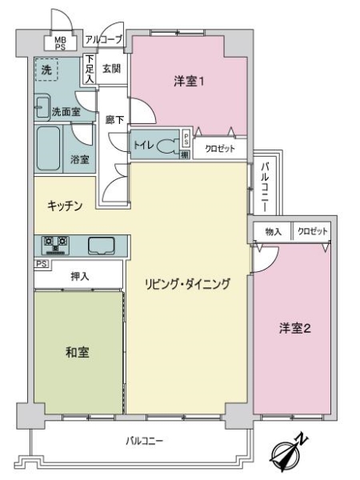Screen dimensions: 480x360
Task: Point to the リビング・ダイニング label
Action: point(188,283)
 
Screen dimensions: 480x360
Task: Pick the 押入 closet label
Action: point(79,276)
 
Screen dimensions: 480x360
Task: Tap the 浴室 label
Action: point(79,159)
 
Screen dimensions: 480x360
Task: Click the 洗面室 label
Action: point(66,112)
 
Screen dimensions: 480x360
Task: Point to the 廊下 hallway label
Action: point(114,120)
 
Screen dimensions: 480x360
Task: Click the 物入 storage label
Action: point(273,231)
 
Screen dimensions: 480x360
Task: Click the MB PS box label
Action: point(60,42)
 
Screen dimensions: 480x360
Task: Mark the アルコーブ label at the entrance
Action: point(104,38)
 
